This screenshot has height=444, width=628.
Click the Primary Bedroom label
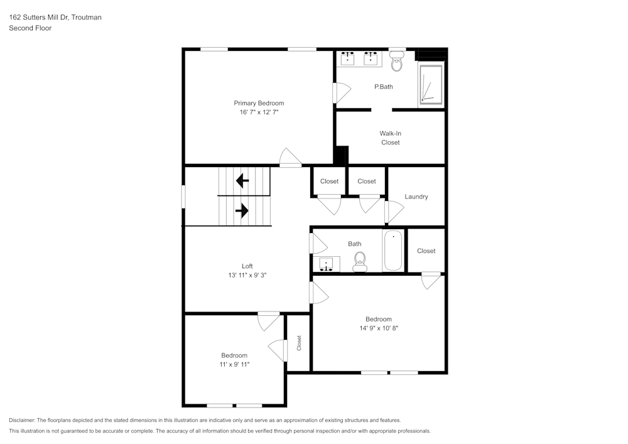point(259,103)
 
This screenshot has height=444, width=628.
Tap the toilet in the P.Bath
point(396,63)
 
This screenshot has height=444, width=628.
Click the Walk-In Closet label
point(390,138)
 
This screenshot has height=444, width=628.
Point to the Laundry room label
point(416,197)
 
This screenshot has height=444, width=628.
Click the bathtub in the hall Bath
point(393,251)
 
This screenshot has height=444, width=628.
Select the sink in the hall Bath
point(327,264)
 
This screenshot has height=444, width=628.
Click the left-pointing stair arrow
point(242,181)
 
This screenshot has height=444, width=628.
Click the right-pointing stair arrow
point(242,211)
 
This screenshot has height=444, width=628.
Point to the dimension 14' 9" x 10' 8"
point(379,328)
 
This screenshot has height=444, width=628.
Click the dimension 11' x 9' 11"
point(234,364)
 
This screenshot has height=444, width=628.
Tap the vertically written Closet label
point(299,343)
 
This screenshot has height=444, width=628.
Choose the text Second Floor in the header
point(30,28)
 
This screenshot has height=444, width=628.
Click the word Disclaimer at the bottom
point(22,420)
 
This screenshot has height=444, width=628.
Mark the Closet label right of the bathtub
point(426,251)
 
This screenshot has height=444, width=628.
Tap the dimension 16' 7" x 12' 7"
point(259,112)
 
